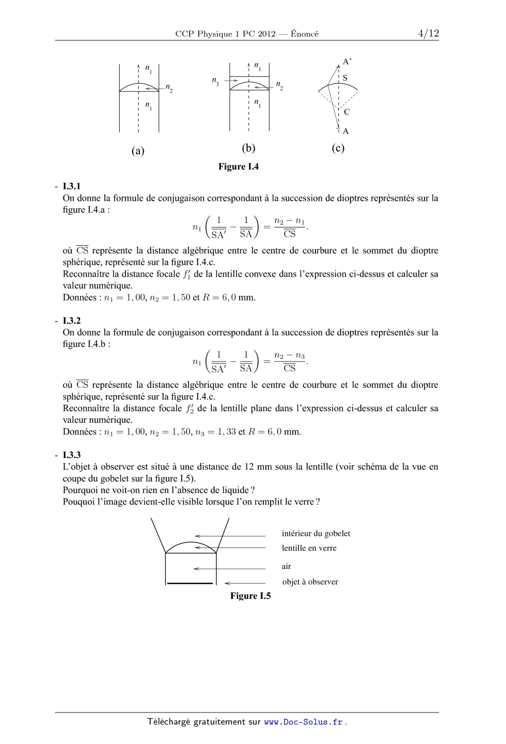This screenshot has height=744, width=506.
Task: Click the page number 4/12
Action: click(x=428, y=34)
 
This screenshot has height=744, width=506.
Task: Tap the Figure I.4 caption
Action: click(x=239, y=167)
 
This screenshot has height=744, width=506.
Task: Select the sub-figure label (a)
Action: click(x=138, y=151)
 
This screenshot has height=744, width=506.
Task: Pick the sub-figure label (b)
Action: click(x=248, y=148)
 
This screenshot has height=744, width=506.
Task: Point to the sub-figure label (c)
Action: click(x=338, y=148)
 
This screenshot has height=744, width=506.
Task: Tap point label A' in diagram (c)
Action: click(x=347, y=62)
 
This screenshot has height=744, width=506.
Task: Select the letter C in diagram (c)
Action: click(x=346, y=112)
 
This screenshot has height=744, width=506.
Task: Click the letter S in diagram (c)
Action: click(x=345, y=78)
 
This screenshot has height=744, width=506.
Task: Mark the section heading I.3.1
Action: click(x=72, y=186)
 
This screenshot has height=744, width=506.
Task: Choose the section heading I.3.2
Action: click(x=72, y=321)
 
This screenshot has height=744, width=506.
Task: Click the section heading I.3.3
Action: click(x=72, y=455)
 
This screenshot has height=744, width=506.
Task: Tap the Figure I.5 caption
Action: click(x=250, y=596)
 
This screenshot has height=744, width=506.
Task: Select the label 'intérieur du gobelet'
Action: click(x=316, y=533)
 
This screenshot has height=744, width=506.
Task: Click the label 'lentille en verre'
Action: click(x=309, y=548)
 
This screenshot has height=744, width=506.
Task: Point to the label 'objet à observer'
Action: click(x=310, y=582)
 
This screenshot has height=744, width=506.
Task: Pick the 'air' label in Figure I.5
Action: click(x=287, y=566)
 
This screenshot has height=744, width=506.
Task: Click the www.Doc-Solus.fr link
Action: click(x=304, y=722)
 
